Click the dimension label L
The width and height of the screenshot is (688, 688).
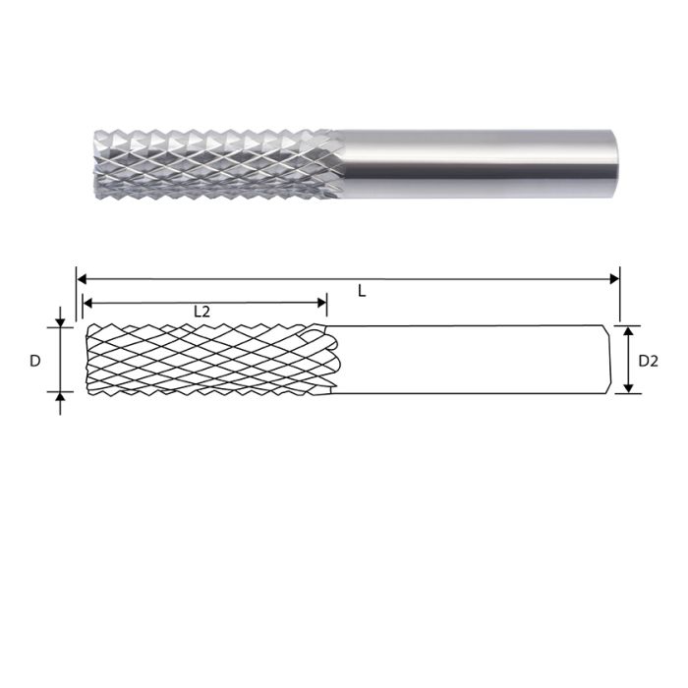pyautogui.click(x=362, y=292)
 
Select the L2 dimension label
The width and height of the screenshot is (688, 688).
pyautogui.click(x=201, y=312)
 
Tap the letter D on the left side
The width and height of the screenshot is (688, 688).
pyautogui.click(x=34, y=361)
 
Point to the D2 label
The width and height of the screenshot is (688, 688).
pyautogui.click(x=648, y=361)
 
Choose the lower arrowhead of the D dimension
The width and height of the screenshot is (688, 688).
pyautogui.click(x=60, y=398)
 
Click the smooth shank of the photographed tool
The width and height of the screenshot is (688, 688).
pyautogui.click(x=472, y=161)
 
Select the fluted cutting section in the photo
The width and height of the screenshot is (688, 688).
pyautogui.click(x=211, y=161)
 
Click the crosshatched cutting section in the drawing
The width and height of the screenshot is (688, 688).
pyautogui.click(x=206, y=360)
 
